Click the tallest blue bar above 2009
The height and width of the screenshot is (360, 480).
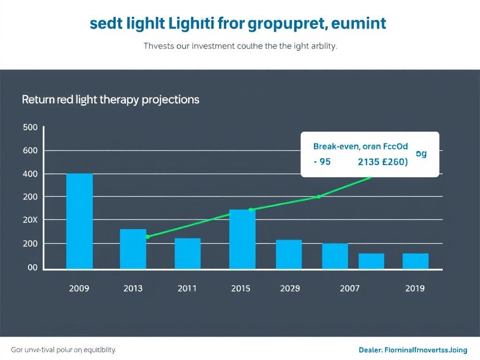point(79,221)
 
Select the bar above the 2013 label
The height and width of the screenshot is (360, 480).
point(133,249)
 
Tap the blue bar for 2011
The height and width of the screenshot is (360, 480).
point(187,254)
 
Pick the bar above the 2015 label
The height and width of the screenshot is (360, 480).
point(242,239)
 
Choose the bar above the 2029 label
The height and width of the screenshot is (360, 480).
point(289,255)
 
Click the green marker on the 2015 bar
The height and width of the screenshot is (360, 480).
point(250,210)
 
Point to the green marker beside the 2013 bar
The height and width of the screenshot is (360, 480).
point(148,237)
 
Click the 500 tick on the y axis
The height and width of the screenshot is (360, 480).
point(30,128)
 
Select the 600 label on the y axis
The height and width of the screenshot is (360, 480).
point(30,151)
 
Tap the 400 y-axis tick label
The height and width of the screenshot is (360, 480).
point(30,174)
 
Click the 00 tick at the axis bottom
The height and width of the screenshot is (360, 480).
point(32,268)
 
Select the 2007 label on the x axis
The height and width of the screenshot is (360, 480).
point(350,288)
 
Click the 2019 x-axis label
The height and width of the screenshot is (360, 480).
point(415,288)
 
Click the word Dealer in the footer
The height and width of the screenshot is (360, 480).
point(370,350)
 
